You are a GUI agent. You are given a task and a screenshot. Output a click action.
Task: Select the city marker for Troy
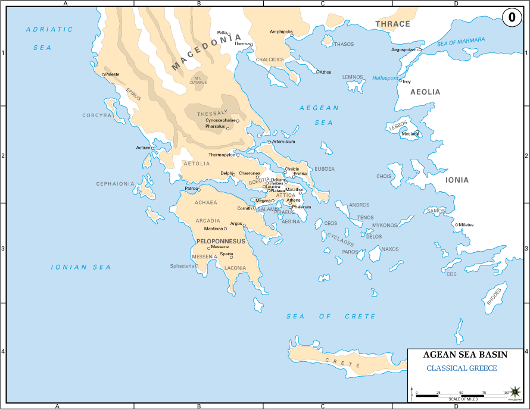click(x=401, y=81)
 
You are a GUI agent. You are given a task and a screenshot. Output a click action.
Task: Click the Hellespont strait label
click(x=385, y=78)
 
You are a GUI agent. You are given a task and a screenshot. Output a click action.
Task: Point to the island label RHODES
click(x=494, y=296)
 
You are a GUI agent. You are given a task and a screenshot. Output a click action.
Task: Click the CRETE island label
click(x=342, y=363)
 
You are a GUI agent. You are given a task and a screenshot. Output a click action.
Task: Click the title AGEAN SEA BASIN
click(x=465, y=354)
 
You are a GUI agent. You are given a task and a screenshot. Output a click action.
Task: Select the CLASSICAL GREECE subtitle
click(x=462, y=368)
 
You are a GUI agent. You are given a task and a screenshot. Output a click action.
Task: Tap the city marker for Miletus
click(x=456, y=225)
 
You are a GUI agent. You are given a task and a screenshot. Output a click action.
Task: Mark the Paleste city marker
click(x=104, y=74)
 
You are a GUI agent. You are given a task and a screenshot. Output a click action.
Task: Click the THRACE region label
click(x=392, y=24)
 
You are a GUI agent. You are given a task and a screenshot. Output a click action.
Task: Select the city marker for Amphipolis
click(x=292, y=35)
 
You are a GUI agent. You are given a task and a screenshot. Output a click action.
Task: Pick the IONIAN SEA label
click(x=81, y=267)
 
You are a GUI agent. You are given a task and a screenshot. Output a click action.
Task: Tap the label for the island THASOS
click(x=344, y=44)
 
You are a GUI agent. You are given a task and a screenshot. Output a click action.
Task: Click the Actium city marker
click(x=153, y=148)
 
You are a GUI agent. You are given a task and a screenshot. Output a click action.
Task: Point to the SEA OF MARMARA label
click(x=461, y=42)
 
